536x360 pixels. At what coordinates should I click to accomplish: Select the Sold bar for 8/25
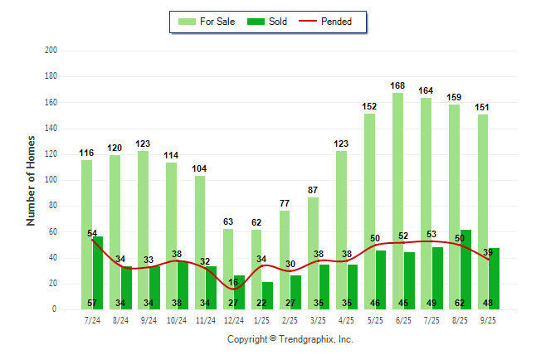point(465,265)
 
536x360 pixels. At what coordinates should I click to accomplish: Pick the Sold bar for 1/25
point(267,295)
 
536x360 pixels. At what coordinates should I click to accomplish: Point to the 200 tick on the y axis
point(51,51)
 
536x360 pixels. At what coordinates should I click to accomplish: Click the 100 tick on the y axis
point(51,180)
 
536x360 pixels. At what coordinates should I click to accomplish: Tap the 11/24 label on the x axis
point(205,320)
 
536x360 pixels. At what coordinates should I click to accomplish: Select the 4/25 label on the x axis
point(346,320)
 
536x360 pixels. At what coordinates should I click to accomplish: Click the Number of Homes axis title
point(32,180)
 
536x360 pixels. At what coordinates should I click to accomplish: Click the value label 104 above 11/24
point(200,168)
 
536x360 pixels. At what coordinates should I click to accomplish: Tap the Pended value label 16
point(234,282)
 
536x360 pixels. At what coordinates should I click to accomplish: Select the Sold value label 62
point(465,304)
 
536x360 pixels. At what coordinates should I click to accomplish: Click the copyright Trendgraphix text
point(290,339)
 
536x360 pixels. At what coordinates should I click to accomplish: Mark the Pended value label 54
point(93,233)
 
